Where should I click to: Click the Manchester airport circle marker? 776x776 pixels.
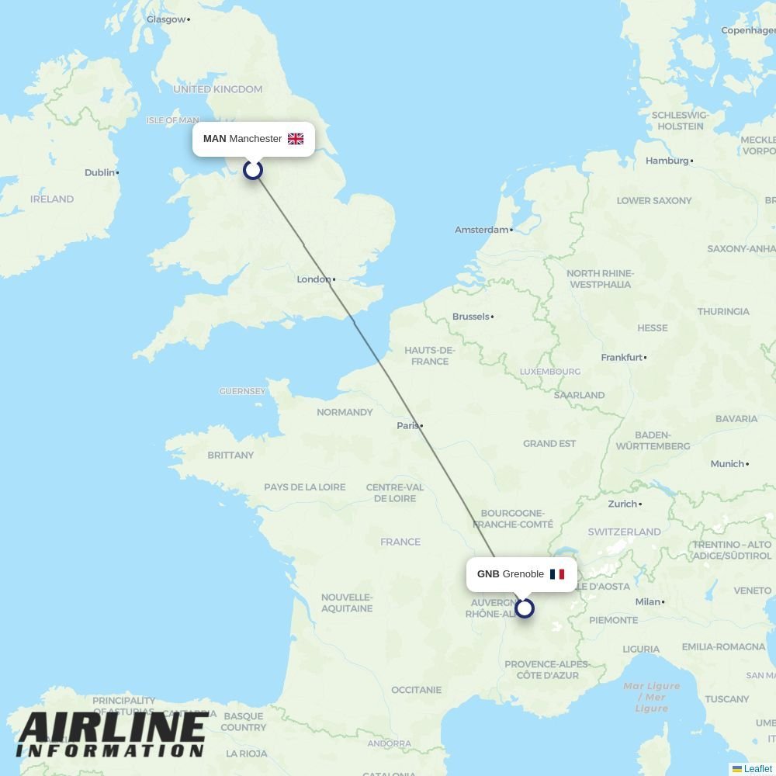click(x=253, y=169)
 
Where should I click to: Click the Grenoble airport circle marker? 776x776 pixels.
click(x=525, y=608)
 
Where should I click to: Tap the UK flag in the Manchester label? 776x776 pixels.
click(x=296, y=139)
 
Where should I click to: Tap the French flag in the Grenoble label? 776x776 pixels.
click(x=557, y=574)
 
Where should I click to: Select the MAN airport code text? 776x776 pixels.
click(x=214, y=139)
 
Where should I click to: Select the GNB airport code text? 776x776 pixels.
click(x=488, y=574)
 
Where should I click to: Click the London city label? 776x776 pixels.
click(x=314, y=279)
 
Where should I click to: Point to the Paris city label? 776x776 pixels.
click(x=408, y=425)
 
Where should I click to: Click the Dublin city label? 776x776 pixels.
click(x=100, y=172)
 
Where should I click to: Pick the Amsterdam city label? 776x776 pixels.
click(x=482, y=230)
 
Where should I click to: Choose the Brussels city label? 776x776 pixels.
click(x=471, y=317)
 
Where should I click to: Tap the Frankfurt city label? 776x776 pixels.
click(x=622, y=358)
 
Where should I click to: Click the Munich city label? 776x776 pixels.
click(x=727, y=464)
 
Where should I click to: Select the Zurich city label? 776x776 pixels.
click(x=622, y=504)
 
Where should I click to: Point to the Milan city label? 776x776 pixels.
click(x=647, y=601)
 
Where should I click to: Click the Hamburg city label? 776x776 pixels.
click(x=667, y=161)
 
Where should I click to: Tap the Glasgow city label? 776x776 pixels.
click(x=166, y=19)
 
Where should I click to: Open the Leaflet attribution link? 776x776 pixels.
click(x=757, y=769)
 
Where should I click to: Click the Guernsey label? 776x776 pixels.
click(x=242, y=392)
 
